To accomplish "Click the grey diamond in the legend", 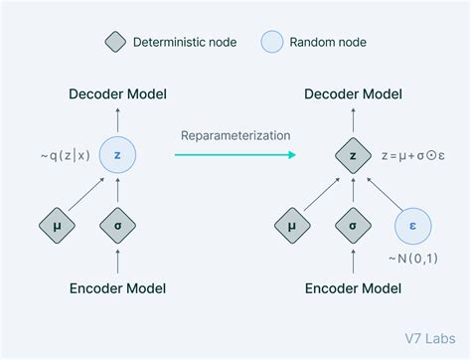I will click(x=115, y=43).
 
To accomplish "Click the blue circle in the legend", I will click(x=273, y=43).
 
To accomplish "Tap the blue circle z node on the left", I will click(x=117, y=155).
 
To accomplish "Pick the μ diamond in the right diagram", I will click(x=291, y=226).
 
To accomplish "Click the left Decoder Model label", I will click(x=117, y=94).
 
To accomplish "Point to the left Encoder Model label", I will click(x=117, y=289).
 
